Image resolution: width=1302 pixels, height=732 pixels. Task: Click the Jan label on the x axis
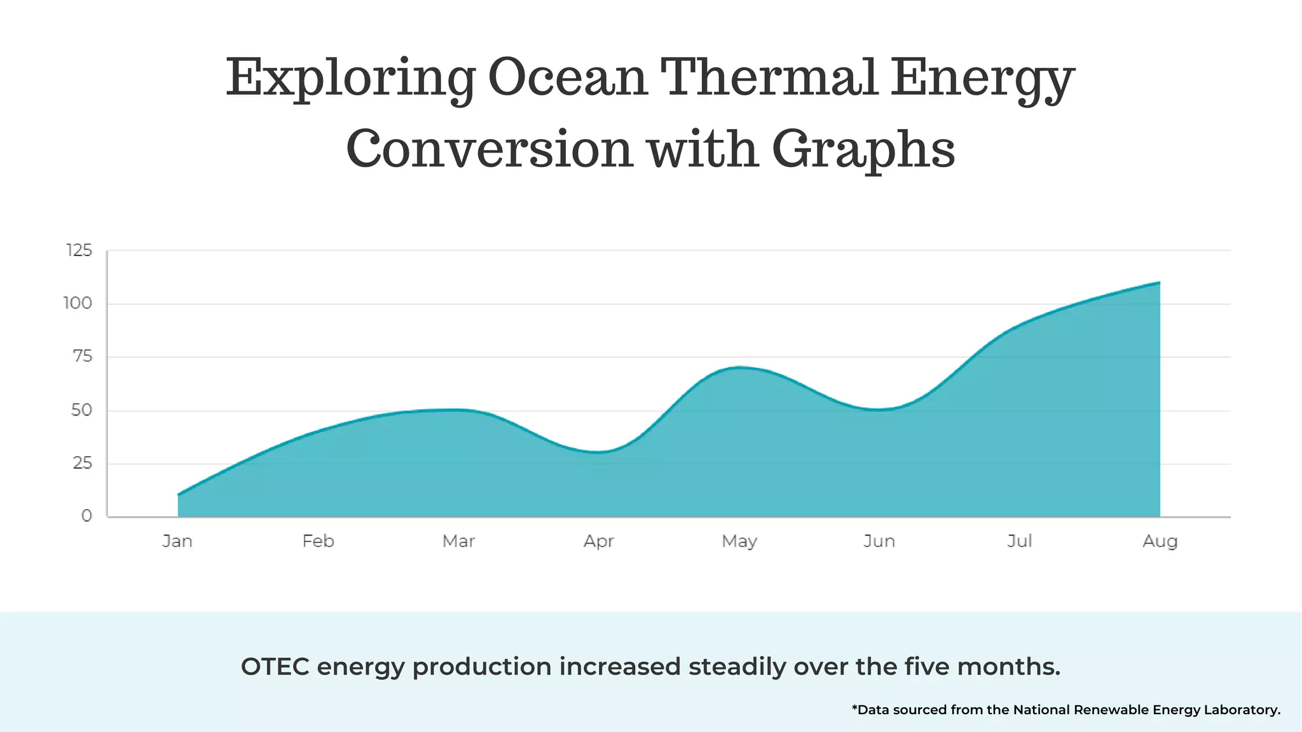point(177,541)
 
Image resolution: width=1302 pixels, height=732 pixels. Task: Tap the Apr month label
point(598,541)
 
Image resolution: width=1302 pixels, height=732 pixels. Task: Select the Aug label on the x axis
point(1160,541)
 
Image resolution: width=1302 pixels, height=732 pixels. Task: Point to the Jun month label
point(879,541)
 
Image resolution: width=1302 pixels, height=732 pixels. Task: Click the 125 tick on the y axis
point(79,250)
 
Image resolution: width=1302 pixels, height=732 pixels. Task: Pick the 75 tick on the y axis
point(83,356)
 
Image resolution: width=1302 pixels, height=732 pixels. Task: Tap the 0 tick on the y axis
point(87,516)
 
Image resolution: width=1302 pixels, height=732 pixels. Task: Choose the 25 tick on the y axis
point(83,463)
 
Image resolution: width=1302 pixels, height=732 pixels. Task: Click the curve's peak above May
point(739,367)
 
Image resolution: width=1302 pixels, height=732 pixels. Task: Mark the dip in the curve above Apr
point(598,452)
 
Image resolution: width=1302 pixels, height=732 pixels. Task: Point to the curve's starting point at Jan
point(179,494)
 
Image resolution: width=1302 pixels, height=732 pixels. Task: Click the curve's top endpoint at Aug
point(1159,282)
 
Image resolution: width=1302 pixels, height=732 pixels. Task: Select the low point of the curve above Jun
point(879,410)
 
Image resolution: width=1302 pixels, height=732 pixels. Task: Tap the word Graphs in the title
point(863,150)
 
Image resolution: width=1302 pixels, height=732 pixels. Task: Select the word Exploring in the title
point(350,79)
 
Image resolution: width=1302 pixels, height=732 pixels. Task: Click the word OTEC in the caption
point(275,667)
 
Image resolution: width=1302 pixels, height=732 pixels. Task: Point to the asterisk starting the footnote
point(854,707)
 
